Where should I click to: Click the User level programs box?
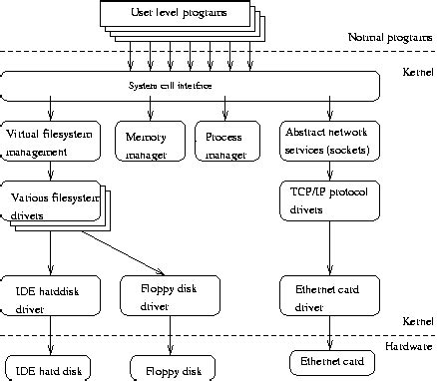[179, 15]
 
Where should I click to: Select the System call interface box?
[191, 86]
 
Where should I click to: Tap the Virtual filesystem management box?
[50, 142]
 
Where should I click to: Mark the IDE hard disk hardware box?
[50, 369]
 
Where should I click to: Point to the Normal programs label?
[390, 37]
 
